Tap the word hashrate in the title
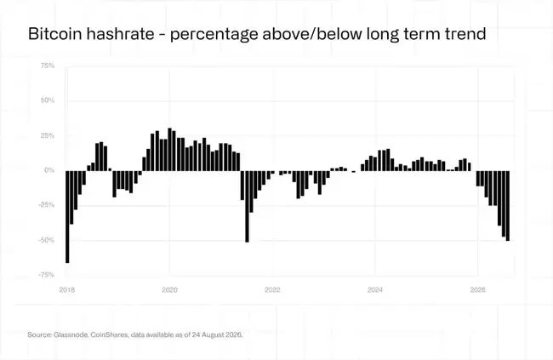click(119, 34)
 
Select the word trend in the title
click(465, 34)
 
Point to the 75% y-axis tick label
click(48, 66)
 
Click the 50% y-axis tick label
click(48, 100)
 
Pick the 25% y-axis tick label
click(48, 135)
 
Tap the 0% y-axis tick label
click(49, 170)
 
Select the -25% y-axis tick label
click(47, 205)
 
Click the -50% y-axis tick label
click(47, 240)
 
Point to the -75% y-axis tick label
click(47, 275)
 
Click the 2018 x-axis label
click(67, 290)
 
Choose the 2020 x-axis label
click(169, 290)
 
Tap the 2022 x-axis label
click(272, 290)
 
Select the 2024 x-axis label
click(375, 290)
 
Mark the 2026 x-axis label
click(478, 290)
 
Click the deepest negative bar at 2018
click(67, 217)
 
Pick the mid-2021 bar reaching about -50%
click(247, 207)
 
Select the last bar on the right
click(508, 206)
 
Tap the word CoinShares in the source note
click(110, 334)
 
